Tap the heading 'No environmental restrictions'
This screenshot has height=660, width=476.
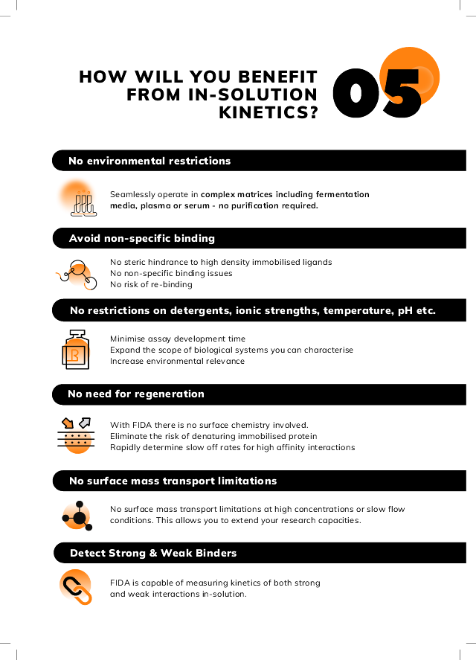(149, 161)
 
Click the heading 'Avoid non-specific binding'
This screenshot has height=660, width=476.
(142, 239)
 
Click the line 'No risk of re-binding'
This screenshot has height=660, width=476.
(151, 284)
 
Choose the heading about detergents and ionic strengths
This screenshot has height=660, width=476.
(252, 311)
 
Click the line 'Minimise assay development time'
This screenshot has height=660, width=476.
(178, 339)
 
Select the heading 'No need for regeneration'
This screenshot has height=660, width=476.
(136, 394)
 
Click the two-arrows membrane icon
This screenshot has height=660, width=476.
(75, 435)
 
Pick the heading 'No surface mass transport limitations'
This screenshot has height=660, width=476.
(173, 481)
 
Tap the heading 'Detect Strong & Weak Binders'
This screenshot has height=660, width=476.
(153, 554)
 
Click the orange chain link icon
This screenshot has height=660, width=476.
(76, 588)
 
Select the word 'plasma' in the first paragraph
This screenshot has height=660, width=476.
(155, 205)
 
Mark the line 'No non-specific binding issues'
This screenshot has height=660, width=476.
(171, 273)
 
